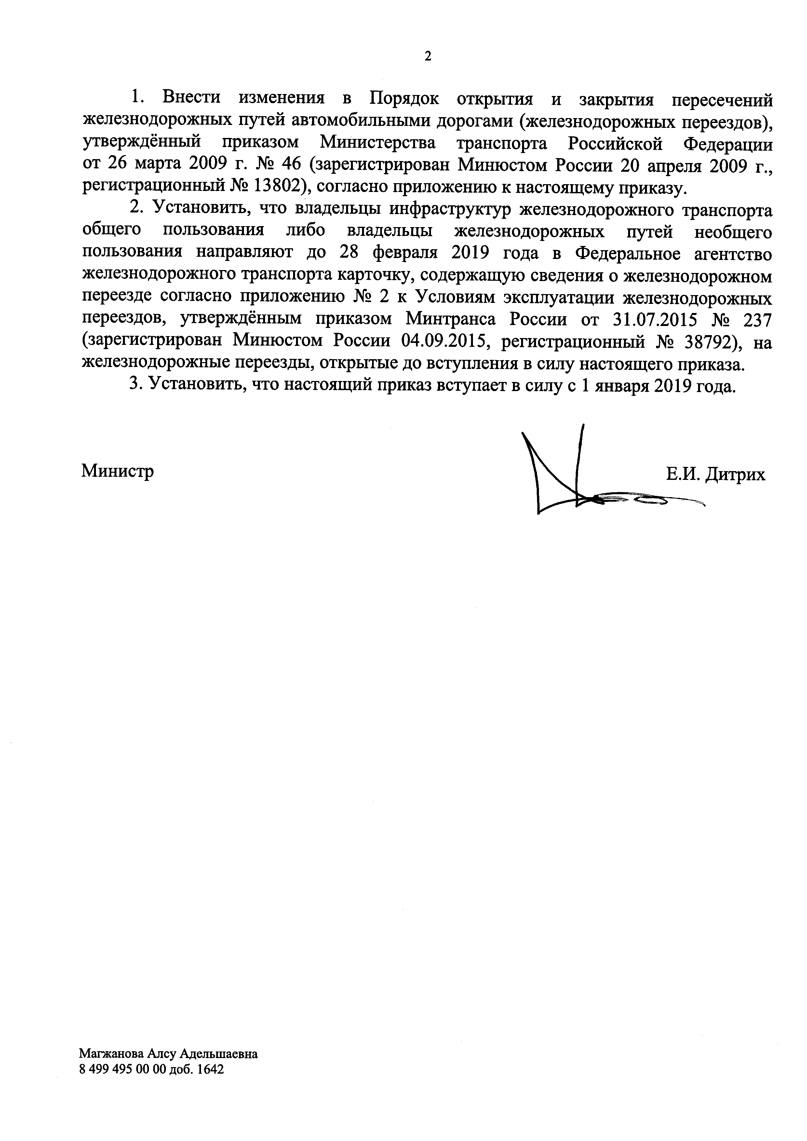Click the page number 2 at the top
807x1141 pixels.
[427, 56]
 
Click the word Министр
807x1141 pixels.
[117, 470]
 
